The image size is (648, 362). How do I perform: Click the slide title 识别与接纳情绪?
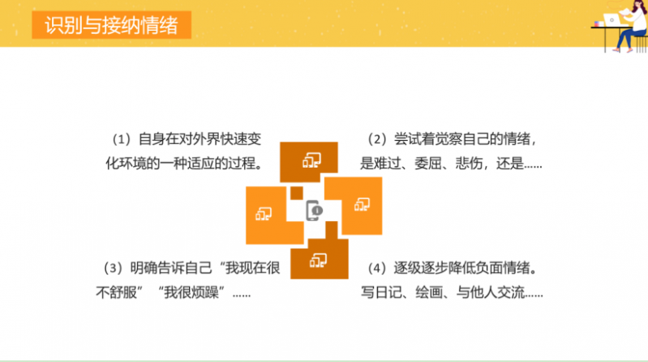[x=111, y=25]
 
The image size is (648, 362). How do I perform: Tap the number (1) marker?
[x=122, y=139]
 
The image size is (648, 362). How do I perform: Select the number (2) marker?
[x=377, y=139]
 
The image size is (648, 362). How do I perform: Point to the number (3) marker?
[x=113, y=268]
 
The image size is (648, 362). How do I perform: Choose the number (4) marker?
[x=377, y=268]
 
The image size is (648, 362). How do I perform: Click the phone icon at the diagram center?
[x=314, y=211]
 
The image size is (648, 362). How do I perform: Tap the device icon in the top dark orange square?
[x=311, y=160]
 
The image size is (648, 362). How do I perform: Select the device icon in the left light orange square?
[x=264, y=214]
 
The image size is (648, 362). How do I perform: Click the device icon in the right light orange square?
[x=362, y=204]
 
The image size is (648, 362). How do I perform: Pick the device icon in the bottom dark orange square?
[x=318, y=261]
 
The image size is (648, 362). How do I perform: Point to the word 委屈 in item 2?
[x=427, y=164]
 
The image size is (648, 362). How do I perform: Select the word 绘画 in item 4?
[x=429, y=292]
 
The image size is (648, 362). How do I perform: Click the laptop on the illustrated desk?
[x=612, y=19]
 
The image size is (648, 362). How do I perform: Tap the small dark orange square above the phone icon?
[x=296, y=193]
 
